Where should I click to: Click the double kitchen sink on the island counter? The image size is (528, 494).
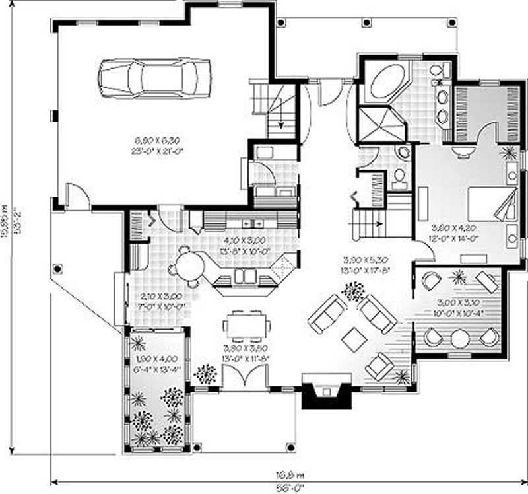(245, 275)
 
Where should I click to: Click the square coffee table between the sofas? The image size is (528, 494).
(354, 339)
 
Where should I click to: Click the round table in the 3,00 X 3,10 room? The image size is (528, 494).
(460, 337)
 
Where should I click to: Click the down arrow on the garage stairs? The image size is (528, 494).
(279, 118)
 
